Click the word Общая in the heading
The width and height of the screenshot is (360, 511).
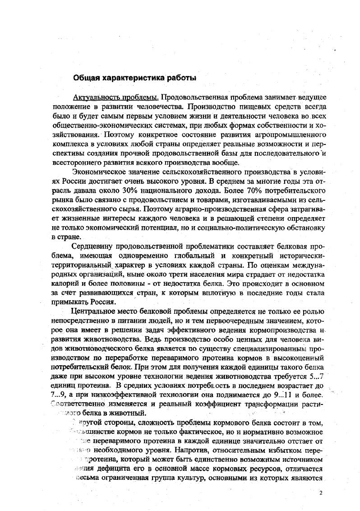86,77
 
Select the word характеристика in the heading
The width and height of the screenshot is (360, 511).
135,77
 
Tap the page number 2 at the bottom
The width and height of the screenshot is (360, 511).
321,493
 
